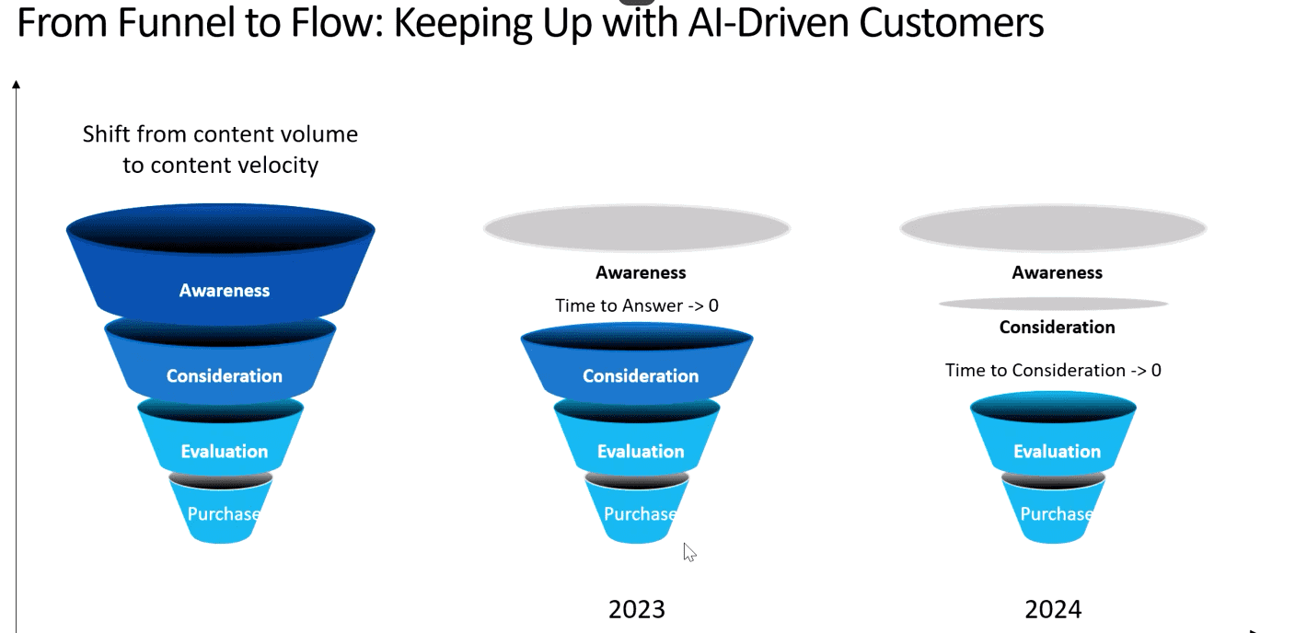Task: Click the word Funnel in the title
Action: (177, 22)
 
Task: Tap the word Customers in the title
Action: (951, 22)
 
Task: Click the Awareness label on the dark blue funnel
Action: (225, 290)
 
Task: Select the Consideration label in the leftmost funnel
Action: (225, 375)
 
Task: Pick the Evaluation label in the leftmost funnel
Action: (225, 451)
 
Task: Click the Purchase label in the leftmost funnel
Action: (223, 514)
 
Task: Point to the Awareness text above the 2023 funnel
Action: (641, 272)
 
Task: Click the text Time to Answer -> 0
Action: (637, 305)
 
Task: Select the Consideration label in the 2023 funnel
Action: (641, 375)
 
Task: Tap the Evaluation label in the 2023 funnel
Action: (641, 451)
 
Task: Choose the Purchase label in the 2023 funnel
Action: (640, 514)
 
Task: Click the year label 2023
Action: (637, 609)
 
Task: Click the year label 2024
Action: (1053, 609)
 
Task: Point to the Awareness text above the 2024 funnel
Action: (1057, 272)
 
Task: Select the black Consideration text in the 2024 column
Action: (1057, 328)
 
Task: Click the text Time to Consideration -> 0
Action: (1053, 370)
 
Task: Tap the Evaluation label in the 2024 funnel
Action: (1057, 451)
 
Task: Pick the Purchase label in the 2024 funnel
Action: (1056, 514)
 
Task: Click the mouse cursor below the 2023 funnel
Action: (689, 552)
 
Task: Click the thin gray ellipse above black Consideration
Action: (1053, 304)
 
